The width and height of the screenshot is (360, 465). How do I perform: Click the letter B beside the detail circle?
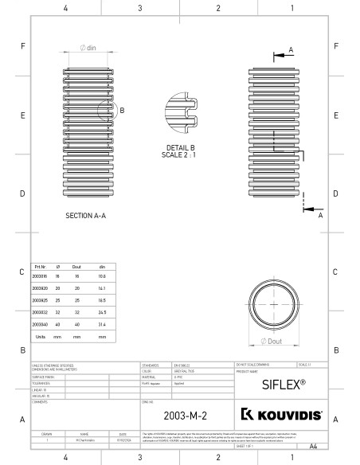(122, 111)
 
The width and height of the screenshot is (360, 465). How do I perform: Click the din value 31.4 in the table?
(102, 325)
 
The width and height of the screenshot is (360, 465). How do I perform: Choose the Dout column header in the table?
(77, 268)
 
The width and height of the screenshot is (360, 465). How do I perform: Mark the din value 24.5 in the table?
(102, 313)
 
